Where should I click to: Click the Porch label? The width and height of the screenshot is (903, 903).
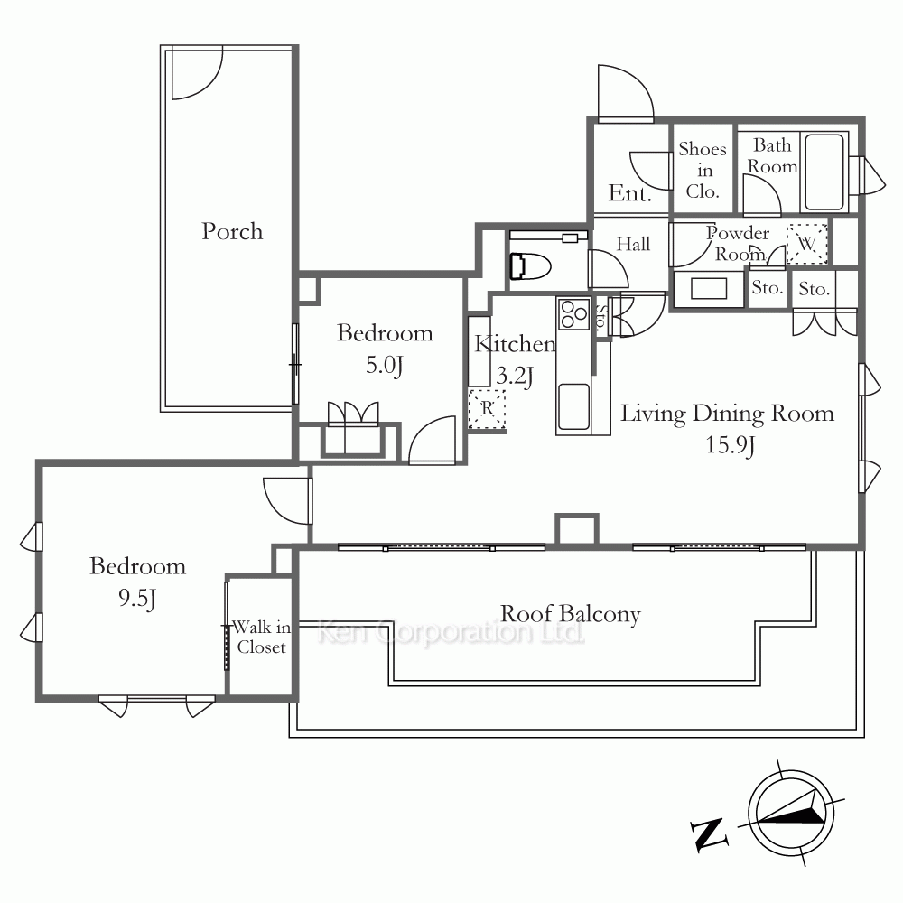click(232, 231)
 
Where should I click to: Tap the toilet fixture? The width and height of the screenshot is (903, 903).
click(530, 266)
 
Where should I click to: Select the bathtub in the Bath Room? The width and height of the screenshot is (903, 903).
click(824, 172)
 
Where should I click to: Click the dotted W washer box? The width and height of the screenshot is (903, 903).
click(806, 244)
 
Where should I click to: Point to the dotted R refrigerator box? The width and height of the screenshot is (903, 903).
click(488, 409)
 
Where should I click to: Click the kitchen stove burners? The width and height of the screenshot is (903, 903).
click(573, 314)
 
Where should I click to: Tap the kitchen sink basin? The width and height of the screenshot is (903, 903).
click(573, 406)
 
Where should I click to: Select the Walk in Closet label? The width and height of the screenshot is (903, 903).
click(261, 637)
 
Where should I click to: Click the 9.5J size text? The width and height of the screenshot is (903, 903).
click(137, 599)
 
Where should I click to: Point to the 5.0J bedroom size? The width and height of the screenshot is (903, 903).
click(384, 365)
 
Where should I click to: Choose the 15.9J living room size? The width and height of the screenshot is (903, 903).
click(731, 445)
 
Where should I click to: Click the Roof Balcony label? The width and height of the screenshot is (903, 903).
click(570, 614)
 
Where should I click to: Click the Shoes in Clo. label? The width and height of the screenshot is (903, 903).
click(703, 170)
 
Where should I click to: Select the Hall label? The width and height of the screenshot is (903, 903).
click(634, 244)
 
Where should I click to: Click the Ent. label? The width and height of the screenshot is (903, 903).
click(630, 193)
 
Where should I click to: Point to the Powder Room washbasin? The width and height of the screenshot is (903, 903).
click(709, 288)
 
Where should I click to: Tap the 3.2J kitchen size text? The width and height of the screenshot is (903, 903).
click(515, 377)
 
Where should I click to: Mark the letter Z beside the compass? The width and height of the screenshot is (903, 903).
click(708, 833)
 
